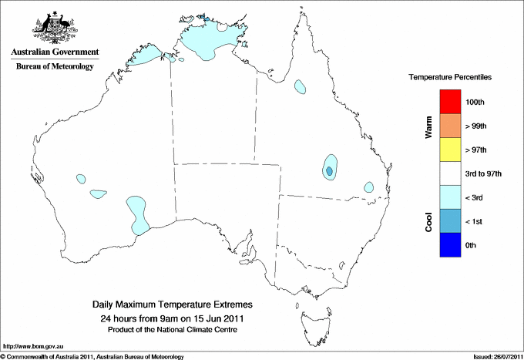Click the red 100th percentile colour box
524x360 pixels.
tap(451, 102)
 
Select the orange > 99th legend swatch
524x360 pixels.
tap(451, 126)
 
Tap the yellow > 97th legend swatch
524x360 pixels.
tap(451, 150)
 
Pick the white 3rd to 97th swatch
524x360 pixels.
tap(451, 173)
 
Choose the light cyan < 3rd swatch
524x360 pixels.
tap(451, 197)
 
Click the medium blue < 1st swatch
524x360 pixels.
tap(451, 221)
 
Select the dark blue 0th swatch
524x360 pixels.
tap(451, 245)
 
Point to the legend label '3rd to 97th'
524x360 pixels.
tap(484, 174)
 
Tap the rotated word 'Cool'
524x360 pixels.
tap(429, 221)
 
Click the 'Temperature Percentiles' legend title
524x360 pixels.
tap(450, 78)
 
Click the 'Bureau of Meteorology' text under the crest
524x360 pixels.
tap(55, 67)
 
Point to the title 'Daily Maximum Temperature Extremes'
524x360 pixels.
tap(172, 305)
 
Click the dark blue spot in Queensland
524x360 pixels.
tap(330, 170)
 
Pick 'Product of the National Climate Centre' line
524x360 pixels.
tap(172, 329)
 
